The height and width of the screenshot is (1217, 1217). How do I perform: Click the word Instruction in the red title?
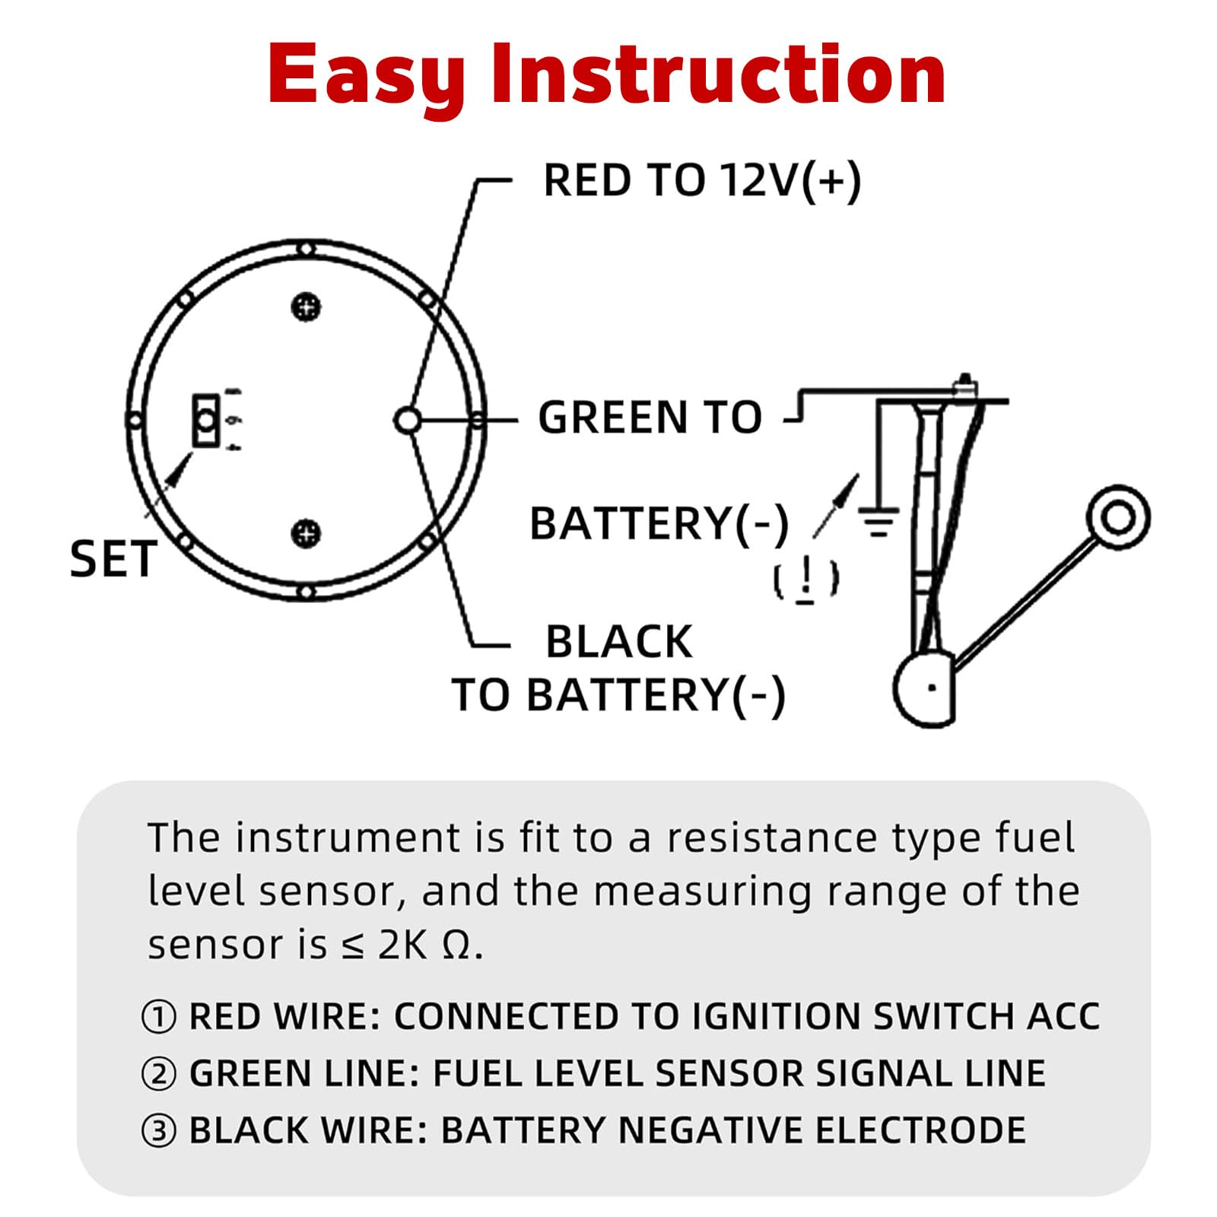pyautogui.click(x=718, y=74)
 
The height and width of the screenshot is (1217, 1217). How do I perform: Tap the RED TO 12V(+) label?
pyautogui.click(x=702, y=181)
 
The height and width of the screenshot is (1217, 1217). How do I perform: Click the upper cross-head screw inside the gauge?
pyautogui.click(x=307, y=307)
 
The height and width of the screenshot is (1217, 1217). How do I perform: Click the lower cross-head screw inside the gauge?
pyautogui.click(x=307, y=532)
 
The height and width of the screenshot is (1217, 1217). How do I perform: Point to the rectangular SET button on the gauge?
pyautogui.click(x=205, y=420)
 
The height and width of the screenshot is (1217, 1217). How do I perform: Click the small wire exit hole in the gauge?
pyautogui.click(x=408, y=420)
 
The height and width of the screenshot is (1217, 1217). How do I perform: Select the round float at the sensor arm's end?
pyautogui.click(x=1117, y=517)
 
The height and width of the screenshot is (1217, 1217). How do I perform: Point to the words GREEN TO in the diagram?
pyautogui.click(x=650, y=418)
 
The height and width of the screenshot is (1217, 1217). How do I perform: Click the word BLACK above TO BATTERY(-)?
pyautogui.click(x=619, y=641)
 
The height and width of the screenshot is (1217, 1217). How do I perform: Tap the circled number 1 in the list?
pyautogui.click(x=159, y=1017)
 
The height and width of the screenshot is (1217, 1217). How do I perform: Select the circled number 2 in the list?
pyautogui.click(x=159, y=1074)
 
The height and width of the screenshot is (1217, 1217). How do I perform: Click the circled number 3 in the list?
pyautogui.click(x=159, y=1131)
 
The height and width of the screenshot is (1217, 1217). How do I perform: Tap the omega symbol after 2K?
pyautogui.click(x=456, y=945)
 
